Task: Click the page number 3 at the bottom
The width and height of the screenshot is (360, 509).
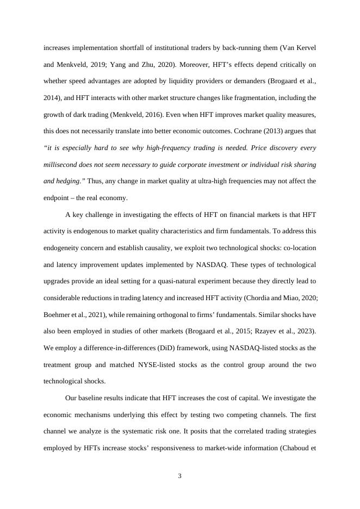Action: [179, 477]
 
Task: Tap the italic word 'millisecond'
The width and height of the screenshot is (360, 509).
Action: [61, 164]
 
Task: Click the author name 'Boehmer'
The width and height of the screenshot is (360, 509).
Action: [58, 315]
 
